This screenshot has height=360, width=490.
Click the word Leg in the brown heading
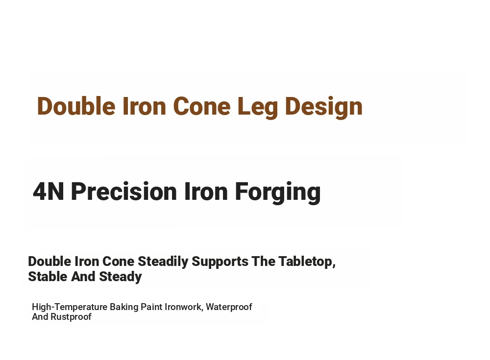click(x=258, y=107)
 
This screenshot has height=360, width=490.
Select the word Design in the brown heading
click(x=324, y=107)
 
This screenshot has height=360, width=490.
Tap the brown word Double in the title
click(x=76, y=106)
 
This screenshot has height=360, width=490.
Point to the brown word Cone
click(x=202, y=106)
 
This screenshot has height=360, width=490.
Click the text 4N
click(x=49, y=191)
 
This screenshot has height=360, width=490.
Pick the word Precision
click(x=124, y=191)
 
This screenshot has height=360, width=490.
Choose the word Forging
click(x=278, y=192)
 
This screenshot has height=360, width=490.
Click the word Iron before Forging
click(x=206, y=191)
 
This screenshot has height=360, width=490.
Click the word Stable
click(x=48, y=277)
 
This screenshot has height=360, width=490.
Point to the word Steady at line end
click(x=121, y=277)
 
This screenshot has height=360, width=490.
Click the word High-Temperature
click(x=70, y=307)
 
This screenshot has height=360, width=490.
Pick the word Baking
click(x=124, y=307)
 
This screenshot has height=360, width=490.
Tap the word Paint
click(x=151, y=307)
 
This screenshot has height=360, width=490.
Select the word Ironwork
click(x=184, y=307)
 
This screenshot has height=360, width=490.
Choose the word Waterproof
click(x=229, y=307)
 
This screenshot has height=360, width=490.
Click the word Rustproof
click(x=71, y=317)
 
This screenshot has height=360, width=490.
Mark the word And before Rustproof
click(x=40, y=316)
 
